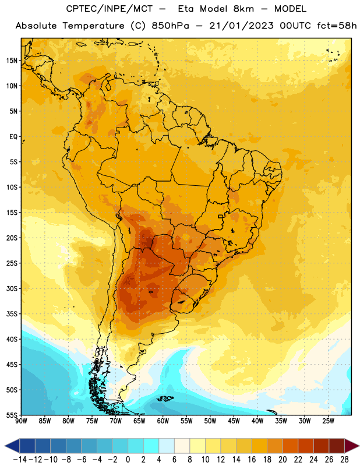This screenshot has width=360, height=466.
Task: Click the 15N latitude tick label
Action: click(x=12, y=61)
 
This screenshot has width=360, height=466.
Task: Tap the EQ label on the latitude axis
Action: click(x=13, y=137)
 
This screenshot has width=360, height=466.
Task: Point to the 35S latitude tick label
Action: click(x=12, y=314)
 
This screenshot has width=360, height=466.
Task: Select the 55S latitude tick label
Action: click(x=12, y=415)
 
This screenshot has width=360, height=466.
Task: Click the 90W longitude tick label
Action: click(x=21, y=421)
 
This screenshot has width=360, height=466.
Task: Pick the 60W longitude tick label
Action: click(x=163, y=421)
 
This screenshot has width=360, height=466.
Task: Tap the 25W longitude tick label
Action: click(x=328, y=421)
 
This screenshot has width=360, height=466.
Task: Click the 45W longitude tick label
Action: click(x=234, y=421)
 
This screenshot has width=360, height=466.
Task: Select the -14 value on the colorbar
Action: click(x=20, y=460)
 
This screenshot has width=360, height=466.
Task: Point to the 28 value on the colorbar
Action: click(x=344, y=460)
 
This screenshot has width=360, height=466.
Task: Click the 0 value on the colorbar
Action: click(x=128, y=460)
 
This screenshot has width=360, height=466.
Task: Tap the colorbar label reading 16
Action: click(x=252, y=460)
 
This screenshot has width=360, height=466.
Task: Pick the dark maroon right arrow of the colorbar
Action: click(x=351, y=446)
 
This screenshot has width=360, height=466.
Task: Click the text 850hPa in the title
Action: click(x=170, y=26)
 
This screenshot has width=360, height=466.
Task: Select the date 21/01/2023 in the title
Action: click(x=241, y=26)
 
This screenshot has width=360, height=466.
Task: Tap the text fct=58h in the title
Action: click(x=337, y=26)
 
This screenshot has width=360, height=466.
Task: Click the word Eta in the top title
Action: click(x=186, y=9)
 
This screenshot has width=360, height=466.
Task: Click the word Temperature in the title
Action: click(x=93, y=26)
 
